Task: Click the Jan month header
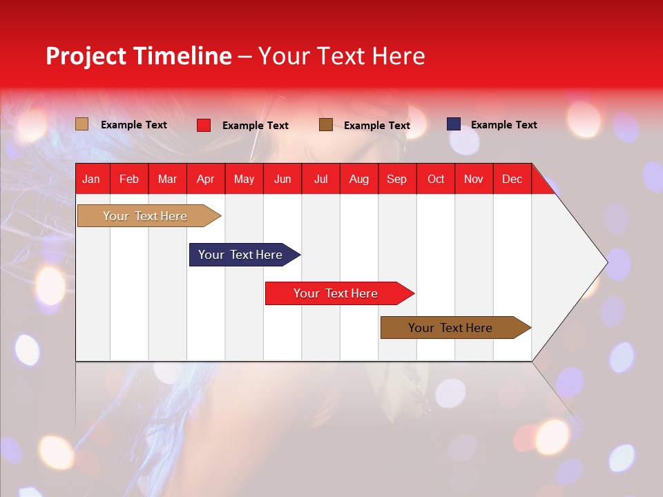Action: point(91,179)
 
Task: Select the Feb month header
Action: point(129,179)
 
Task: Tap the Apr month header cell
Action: point(205,179)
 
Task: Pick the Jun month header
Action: point(282,179)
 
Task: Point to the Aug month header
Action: point(358,179)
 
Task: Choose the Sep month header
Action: point(396,179)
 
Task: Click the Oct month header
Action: point(436,179)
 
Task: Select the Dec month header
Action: point(512,179)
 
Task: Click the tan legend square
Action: point(81,124)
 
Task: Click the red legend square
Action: point(204,125)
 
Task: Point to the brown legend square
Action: point(326,124)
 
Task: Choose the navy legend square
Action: point(454,124)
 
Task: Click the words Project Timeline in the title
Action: point(138,56)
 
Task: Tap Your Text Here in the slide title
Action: point(341,56)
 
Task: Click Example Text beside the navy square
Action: point(503,125)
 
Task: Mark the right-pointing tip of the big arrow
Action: point(606,262)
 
